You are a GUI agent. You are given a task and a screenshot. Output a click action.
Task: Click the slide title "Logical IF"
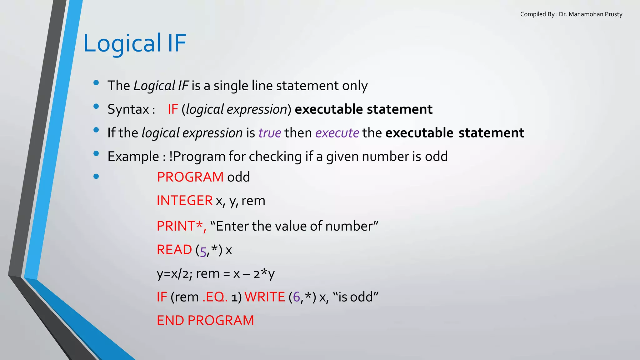(x=135, y=43)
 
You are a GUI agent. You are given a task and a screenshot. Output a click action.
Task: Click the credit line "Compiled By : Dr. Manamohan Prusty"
(x=571, y=14)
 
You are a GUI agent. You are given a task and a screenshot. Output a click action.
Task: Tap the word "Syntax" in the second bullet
(x=128, y=109)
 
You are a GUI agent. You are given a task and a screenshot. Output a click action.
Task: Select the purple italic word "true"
(x=270, y=133)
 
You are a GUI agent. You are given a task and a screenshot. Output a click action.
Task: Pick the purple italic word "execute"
(x=337, y=133)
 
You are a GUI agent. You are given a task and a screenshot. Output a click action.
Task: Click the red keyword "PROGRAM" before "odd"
(x=190, y=177)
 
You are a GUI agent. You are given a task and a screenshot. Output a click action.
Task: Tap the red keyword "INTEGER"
(x=184, y=201)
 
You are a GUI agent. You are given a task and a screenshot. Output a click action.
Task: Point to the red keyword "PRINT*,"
(x=181, y=226)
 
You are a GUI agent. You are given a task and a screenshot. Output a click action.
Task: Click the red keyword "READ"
(x=174, y=250)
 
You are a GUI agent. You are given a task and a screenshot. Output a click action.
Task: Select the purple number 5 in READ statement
(x=203, y=251)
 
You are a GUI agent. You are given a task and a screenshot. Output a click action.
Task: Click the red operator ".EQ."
(x=215, y=297)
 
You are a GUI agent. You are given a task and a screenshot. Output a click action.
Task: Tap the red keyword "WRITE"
(x=265, y=297)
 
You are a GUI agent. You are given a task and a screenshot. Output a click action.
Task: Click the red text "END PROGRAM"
(x=205, y=321)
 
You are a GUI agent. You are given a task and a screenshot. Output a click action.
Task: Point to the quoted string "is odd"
(x=356, y=297)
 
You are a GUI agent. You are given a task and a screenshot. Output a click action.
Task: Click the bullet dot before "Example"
(x=96, y=153)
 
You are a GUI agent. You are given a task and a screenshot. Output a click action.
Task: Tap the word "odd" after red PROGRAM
(x=238, y=177)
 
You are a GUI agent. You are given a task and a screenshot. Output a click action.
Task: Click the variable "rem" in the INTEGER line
(x=253, y=201)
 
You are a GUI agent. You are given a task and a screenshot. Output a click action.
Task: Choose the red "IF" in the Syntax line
(x=173, y=109)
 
